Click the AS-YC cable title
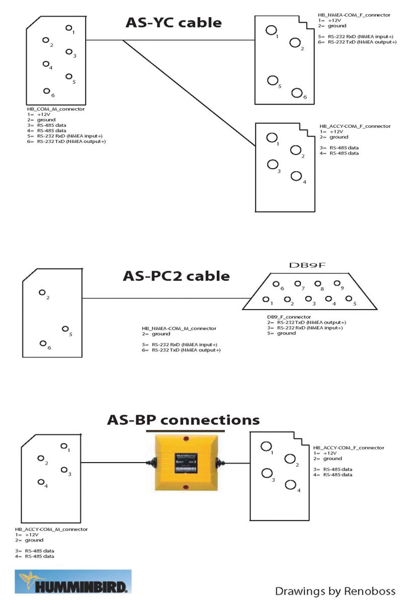click(173, 22)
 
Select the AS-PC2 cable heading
click(176, 276)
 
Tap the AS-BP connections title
click(183, 420)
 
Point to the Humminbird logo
click(74, 582)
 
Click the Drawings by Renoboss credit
click(335, 590)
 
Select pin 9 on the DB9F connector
click(337, 283)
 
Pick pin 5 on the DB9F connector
click(349, 299)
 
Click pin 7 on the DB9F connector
click(297, 284)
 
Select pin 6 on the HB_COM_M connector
click(46, 91)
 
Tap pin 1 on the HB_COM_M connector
click(68, 28)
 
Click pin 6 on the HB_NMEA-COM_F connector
click(297, 93)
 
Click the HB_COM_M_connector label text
click(56, 109)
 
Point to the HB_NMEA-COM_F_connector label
click(354, 15)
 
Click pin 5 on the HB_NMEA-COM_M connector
click(65, 329)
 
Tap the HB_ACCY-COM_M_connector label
click(51, 529)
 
